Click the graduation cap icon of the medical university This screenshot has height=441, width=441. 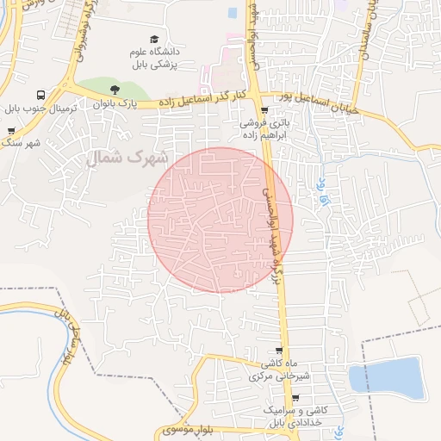coord(154,40)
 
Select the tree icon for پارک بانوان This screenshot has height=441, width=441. coord(113,89)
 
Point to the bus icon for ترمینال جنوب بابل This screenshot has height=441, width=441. coord(40,96)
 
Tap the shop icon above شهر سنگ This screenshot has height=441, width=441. coord(11,132)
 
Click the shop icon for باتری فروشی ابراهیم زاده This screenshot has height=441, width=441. coord(264,110)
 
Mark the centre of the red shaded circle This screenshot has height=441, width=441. coord(220,220)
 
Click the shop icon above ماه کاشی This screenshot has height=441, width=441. coord(278,350)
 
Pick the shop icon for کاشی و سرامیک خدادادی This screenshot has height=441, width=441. coord(295,398)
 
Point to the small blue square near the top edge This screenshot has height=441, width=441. coord(233,13)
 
